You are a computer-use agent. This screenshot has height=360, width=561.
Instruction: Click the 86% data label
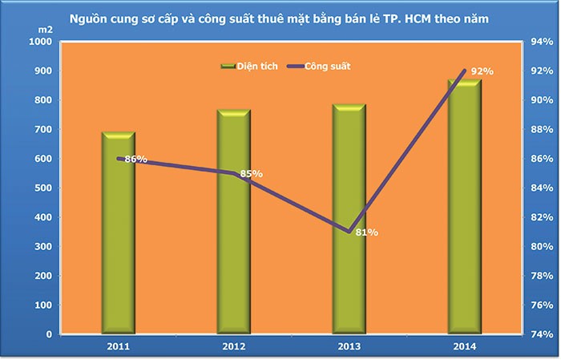[x=136, y=159]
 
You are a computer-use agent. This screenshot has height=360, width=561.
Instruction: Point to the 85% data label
[x=251, y=173]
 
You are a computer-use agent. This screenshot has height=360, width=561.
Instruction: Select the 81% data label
[x=366, y=233]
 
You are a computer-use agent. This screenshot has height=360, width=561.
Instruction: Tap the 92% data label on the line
[x=482, y=71]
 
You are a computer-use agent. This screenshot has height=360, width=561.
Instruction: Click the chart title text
[x=281, y=17]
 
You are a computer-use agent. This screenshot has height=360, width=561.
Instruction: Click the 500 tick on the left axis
[x=42, y=188]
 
